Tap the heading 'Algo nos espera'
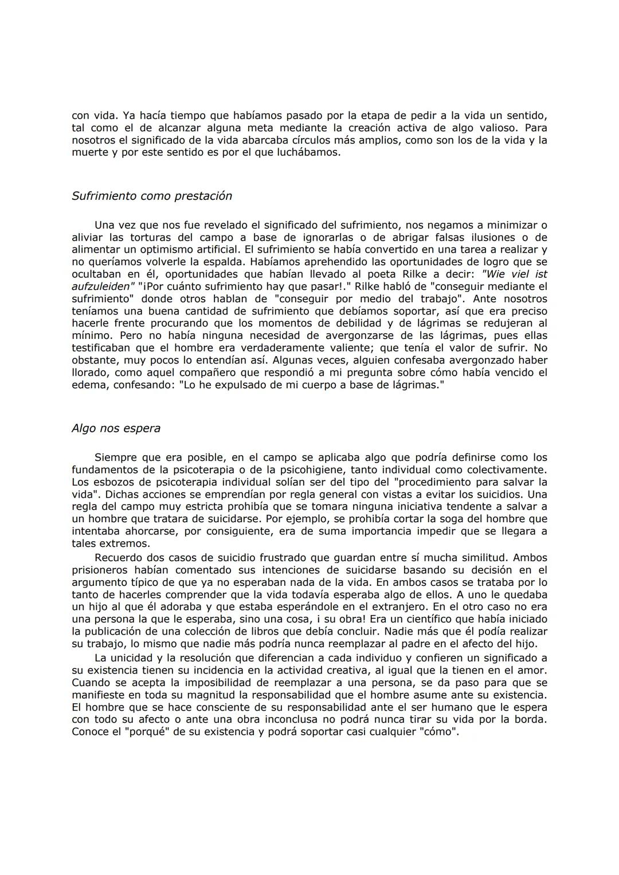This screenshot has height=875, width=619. point(116,428)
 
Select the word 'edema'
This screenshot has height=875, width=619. point(88,385)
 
